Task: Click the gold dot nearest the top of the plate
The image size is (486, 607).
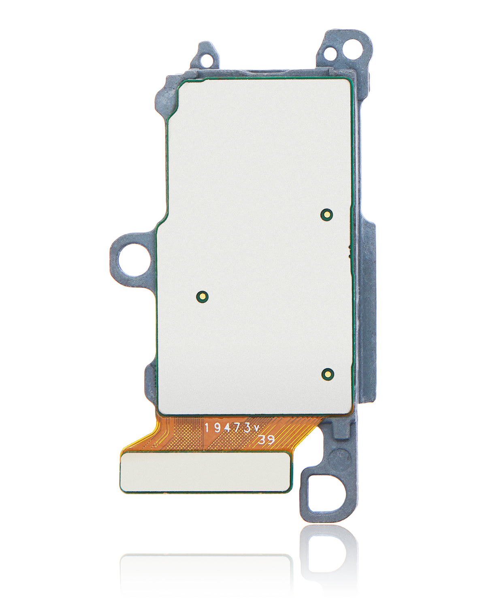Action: tap(326, 214)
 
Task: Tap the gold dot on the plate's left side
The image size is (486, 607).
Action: tap(202, 297)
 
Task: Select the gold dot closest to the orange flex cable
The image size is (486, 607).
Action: tap(327, 374)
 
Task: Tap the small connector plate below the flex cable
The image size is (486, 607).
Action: tap(206, 472)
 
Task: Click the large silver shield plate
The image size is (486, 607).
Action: tap(255, 243)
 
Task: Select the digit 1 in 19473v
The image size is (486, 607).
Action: tap(207, 428)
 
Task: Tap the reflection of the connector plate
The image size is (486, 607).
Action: tap(206, 567)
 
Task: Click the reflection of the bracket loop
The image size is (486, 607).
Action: tap(328, 554)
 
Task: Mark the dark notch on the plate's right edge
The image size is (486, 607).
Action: tap(350, 251)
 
